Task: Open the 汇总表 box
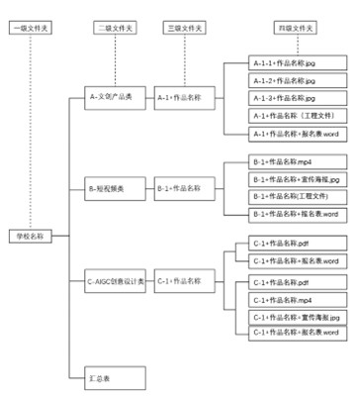pos(110,377)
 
